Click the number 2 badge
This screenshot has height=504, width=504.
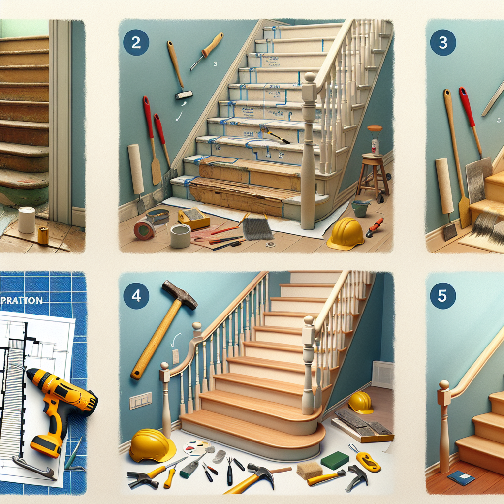(136, 42)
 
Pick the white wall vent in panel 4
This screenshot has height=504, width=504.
(382, 375)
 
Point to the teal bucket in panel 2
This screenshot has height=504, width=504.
(360, 208)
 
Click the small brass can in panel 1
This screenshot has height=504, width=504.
(43, 235)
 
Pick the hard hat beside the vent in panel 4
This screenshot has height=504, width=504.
(360, 402)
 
